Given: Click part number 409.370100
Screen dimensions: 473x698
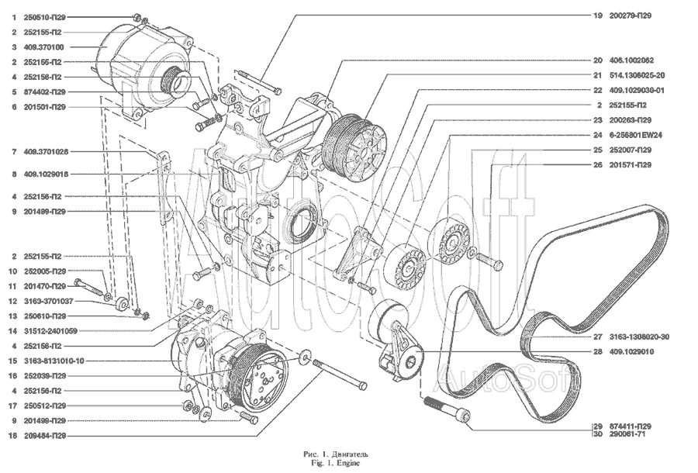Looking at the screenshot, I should tap(40, 47).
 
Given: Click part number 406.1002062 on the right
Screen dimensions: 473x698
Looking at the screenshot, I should tap(632, 60).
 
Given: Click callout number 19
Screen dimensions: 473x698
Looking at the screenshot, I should tap(598, 16).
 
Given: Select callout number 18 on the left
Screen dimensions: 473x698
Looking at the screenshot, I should tap(13, 437).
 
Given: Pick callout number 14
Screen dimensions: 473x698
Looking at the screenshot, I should tap(13, 331).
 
